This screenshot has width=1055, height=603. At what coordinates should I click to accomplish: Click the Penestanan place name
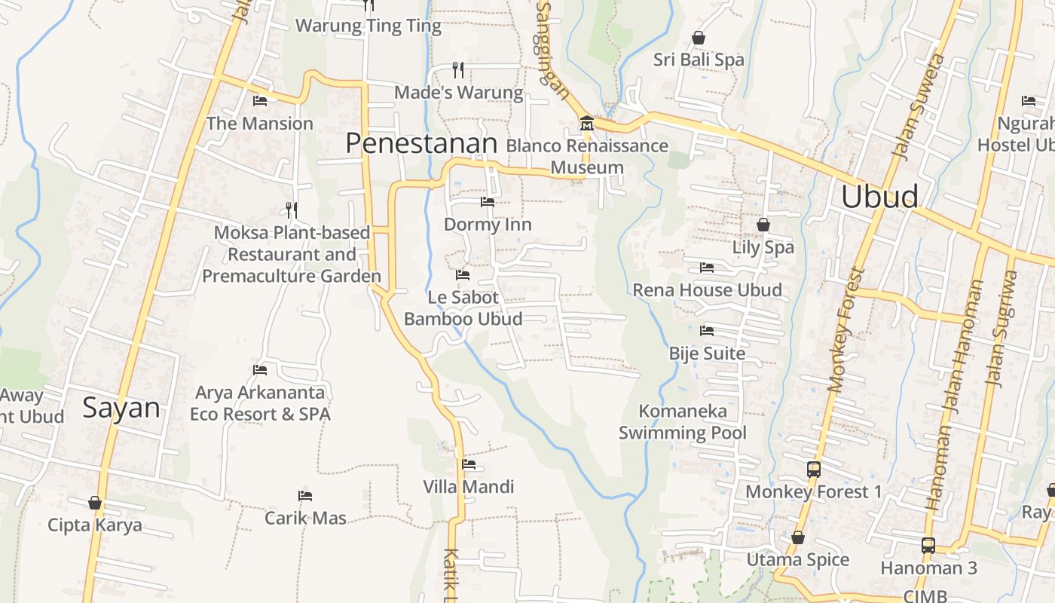tap(422, 144)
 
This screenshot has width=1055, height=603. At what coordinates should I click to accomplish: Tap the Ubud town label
tap(879, 197)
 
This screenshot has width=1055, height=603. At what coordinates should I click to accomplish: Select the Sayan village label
tap(121, 408)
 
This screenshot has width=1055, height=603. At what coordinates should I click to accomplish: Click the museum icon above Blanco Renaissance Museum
tap(586, 123)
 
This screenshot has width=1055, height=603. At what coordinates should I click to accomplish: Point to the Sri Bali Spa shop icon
tap(699, 38)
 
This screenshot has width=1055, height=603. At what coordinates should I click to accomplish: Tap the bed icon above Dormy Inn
tap(488, 202)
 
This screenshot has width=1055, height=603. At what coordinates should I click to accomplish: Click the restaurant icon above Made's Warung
tap(458, 70)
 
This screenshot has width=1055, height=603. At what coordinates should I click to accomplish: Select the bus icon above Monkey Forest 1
tap(813, 469)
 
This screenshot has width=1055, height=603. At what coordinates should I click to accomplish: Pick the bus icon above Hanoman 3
tap(928, 545)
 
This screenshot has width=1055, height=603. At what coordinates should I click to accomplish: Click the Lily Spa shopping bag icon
tap(763, 225)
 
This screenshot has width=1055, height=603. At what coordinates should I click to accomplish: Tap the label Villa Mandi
tap(469, 487)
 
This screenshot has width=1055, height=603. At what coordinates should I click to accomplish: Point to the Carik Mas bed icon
tap(305, 496)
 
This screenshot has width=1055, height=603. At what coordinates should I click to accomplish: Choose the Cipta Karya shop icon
tap(95, 503)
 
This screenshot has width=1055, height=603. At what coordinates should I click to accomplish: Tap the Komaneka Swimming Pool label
tap(683, 421)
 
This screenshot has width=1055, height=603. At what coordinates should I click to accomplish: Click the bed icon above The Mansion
tap(260, 100)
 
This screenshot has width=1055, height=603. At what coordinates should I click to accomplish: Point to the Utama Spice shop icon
tap(798, 537)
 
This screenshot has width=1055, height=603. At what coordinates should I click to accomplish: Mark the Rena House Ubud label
tap(707, 290)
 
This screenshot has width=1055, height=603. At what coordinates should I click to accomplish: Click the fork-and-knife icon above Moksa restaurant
tap(292, 210)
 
